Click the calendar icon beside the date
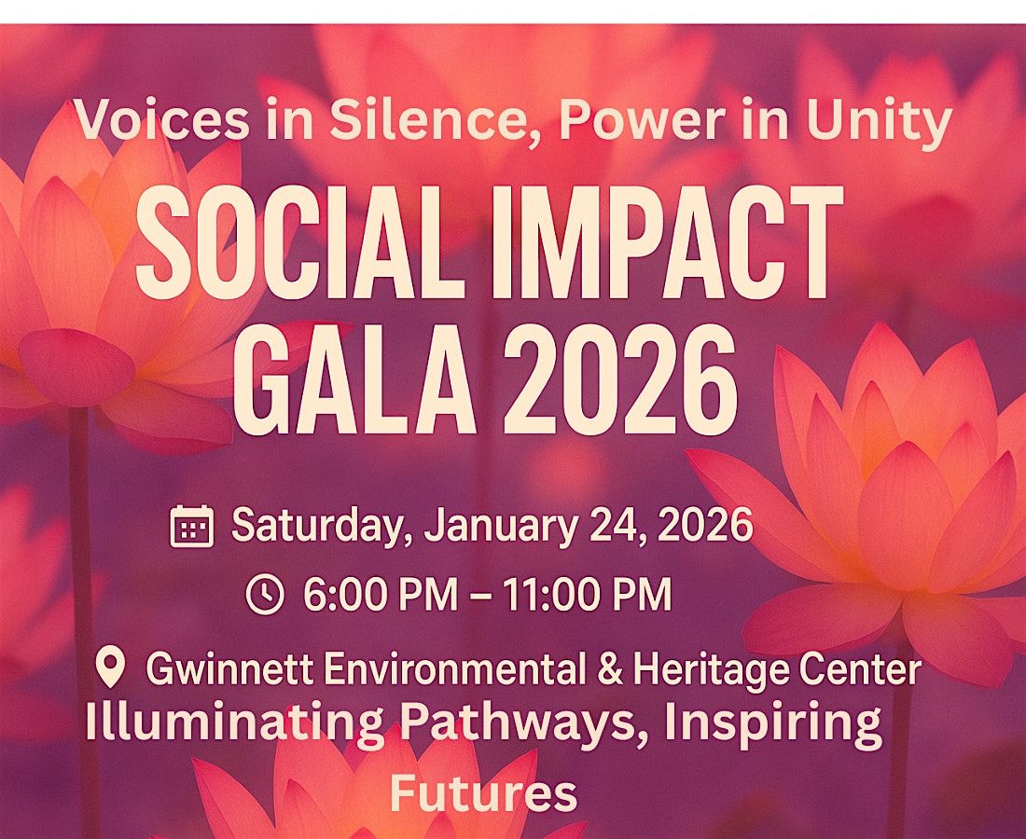[192, 527]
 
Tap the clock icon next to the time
[264, 595]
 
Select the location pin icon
[111, 668]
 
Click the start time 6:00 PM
[378, 595]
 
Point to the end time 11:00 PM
[587, 595]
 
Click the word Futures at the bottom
[483, 793]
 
